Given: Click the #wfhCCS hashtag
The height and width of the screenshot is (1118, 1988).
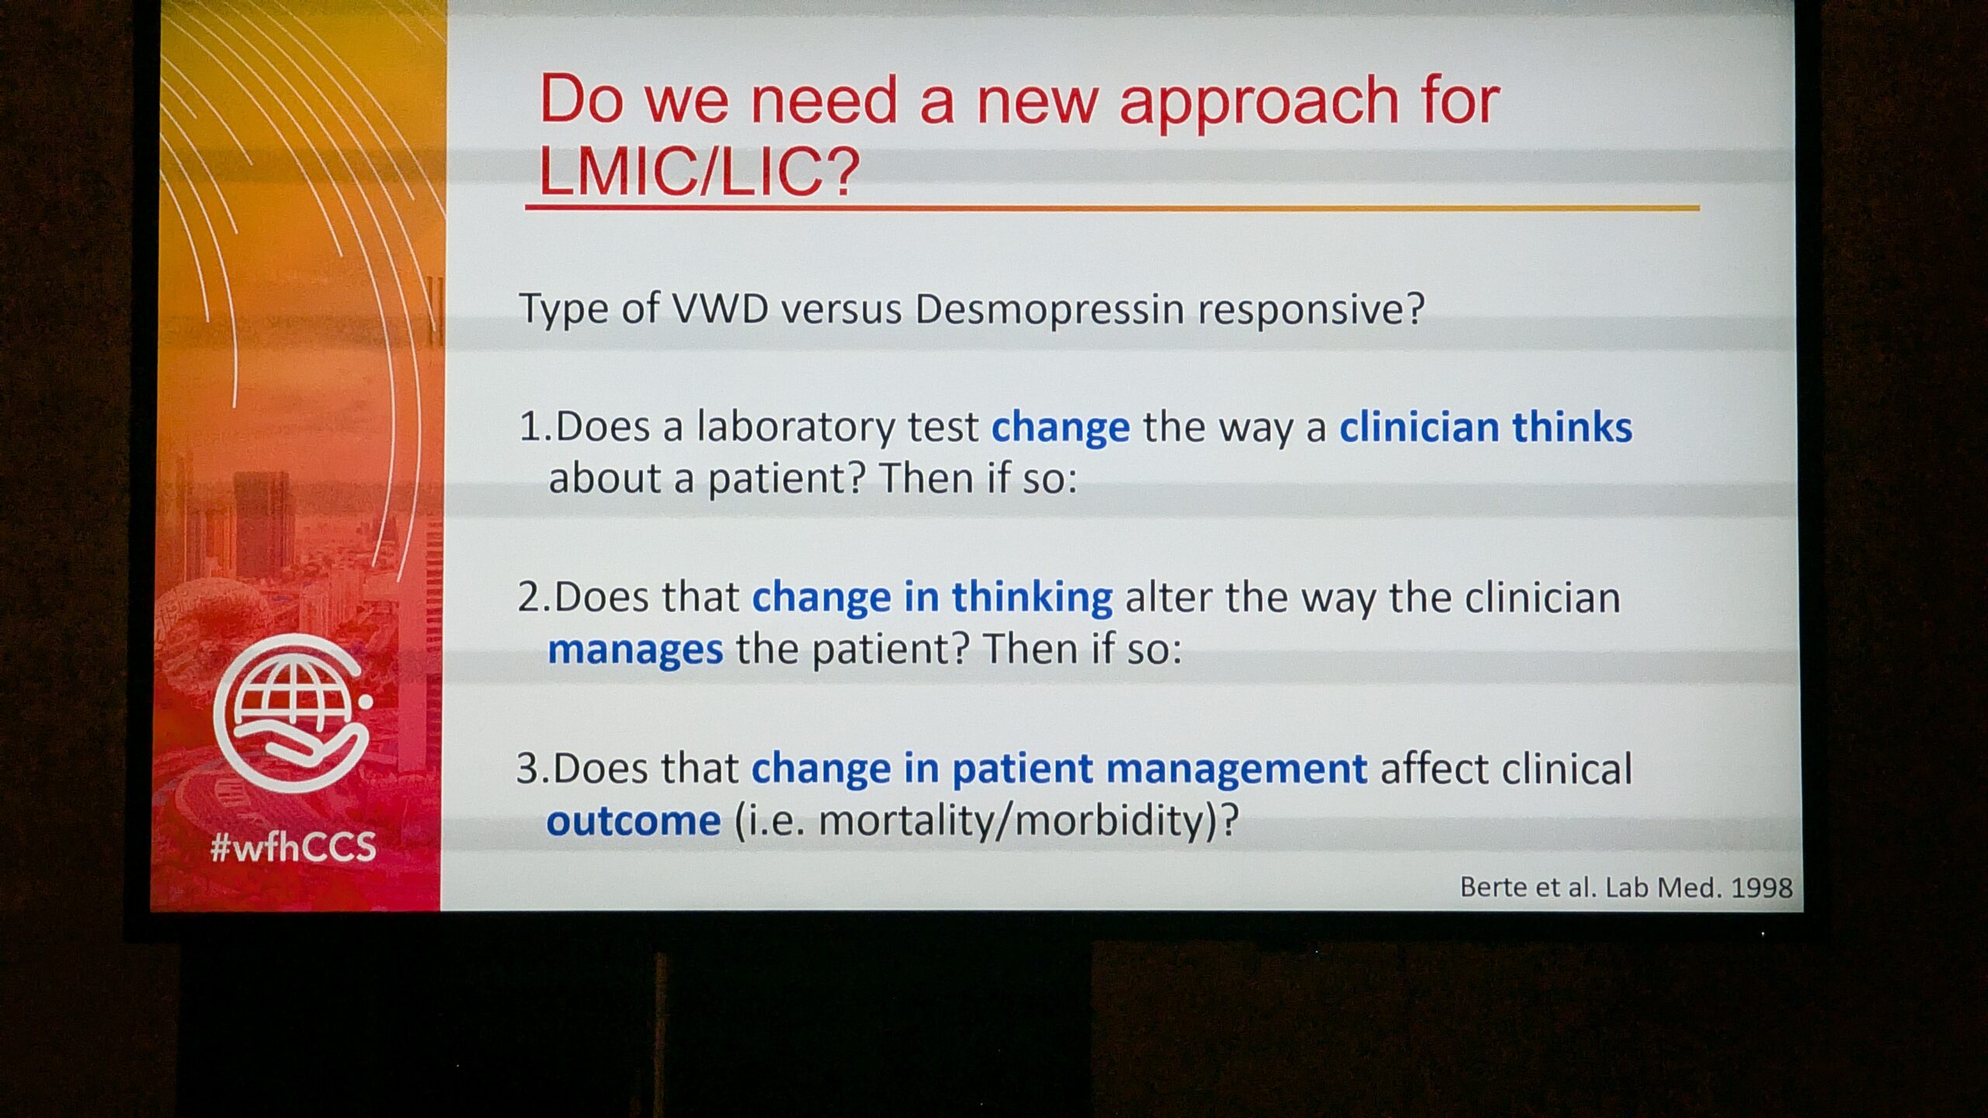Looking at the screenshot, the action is click(294, 847).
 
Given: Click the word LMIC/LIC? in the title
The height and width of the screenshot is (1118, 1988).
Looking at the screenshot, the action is click(699, 172).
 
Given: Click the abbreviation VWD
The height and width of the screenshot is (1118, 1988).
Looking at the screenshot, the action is click(720, 309).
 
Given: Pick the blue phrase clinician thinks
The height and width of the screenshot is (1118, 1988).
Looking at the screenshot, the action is click(1486, 428).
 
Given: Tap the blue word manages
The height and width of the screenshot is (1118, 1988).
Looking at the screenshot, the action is click(635, 649).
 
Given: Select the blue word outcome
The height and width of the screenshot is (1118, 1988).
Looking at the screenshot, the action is click(634, 821).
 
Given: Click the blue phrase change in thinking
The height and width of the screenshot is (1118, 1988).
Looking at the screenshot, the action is click(932, 599).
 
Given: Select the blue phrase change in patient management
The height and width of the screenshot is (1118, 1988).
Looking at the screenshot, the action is click(1059, 769).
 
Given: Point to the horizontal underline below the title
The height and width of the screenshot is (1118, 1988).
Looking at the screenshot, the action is click(1112, 208).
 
